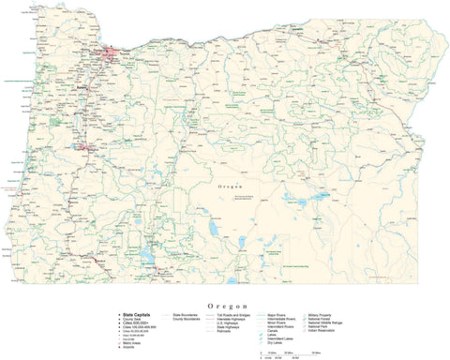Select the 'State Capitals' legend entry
[136, 314]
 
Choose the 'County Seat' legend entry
[132, 319]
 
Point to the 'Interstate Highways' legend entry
[231, 319]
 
